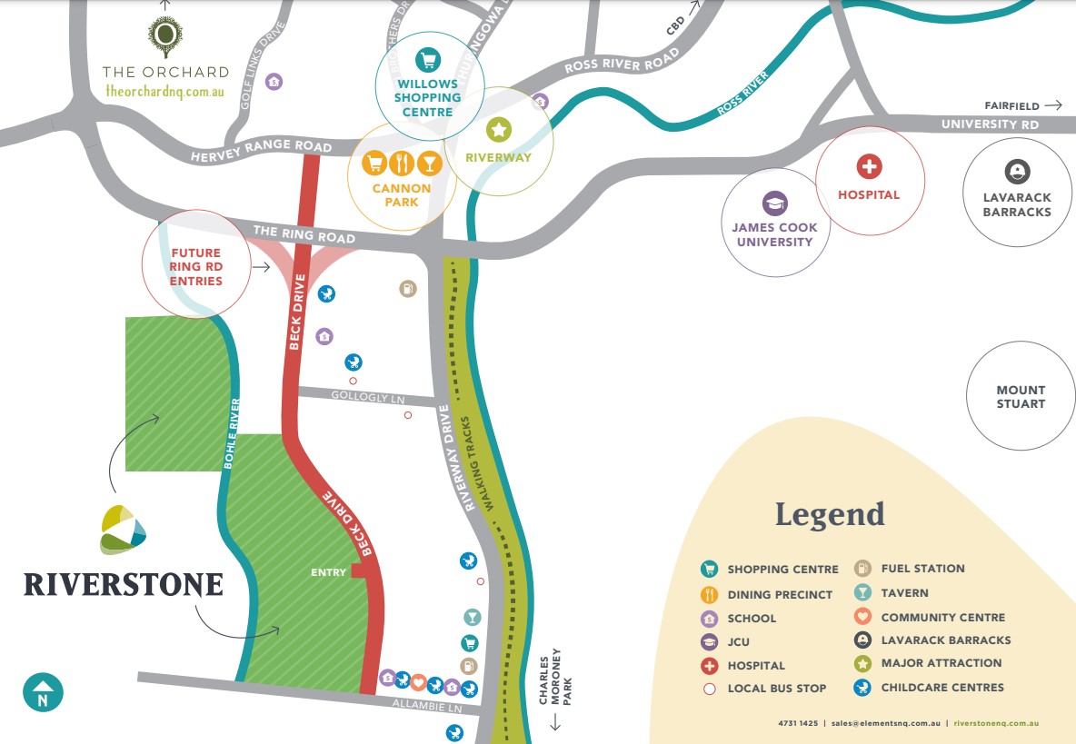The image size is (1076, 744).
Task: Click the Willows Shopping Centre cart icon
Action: point(428,61)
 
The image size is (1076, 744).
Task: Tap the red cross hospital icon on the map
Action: point(870,166)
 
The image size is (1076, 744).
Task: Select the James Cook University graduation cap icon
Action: point(774,203)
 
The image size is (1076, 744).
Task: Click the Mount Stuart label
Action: point(1021,397)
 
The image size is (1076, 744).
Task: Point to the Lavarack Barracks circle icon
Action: point(1016,171)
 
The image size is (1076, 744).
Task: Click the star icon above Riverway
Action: point(498,130)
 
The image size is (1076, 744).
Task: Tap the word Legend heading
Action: point(829,514)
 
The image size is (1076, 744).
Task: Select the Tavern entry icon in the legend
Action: point(862,593)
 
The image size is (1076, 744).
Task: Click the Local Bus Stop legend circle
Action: point(710,689)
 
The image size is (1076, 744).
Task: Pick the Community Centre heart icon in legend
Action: point(862,617)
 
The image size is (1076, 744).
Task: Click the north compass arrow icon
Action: point(43,693)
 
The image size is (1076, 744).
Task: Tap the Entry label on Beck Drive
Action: point(328,572)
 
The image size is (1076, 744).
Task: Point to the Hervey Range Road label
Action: point(261,151)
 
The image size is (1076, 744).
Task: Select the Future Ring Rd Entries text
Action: point(195,267)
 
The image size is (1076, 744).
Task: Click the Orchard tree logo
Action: point(164,36)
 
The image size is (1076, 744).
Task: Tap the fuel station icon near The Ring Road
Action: point(408,289)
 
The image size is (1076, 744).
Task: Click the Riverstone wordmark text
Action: point(124,584)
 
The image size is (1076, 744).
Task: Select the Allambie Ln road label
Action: point(423,705)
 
